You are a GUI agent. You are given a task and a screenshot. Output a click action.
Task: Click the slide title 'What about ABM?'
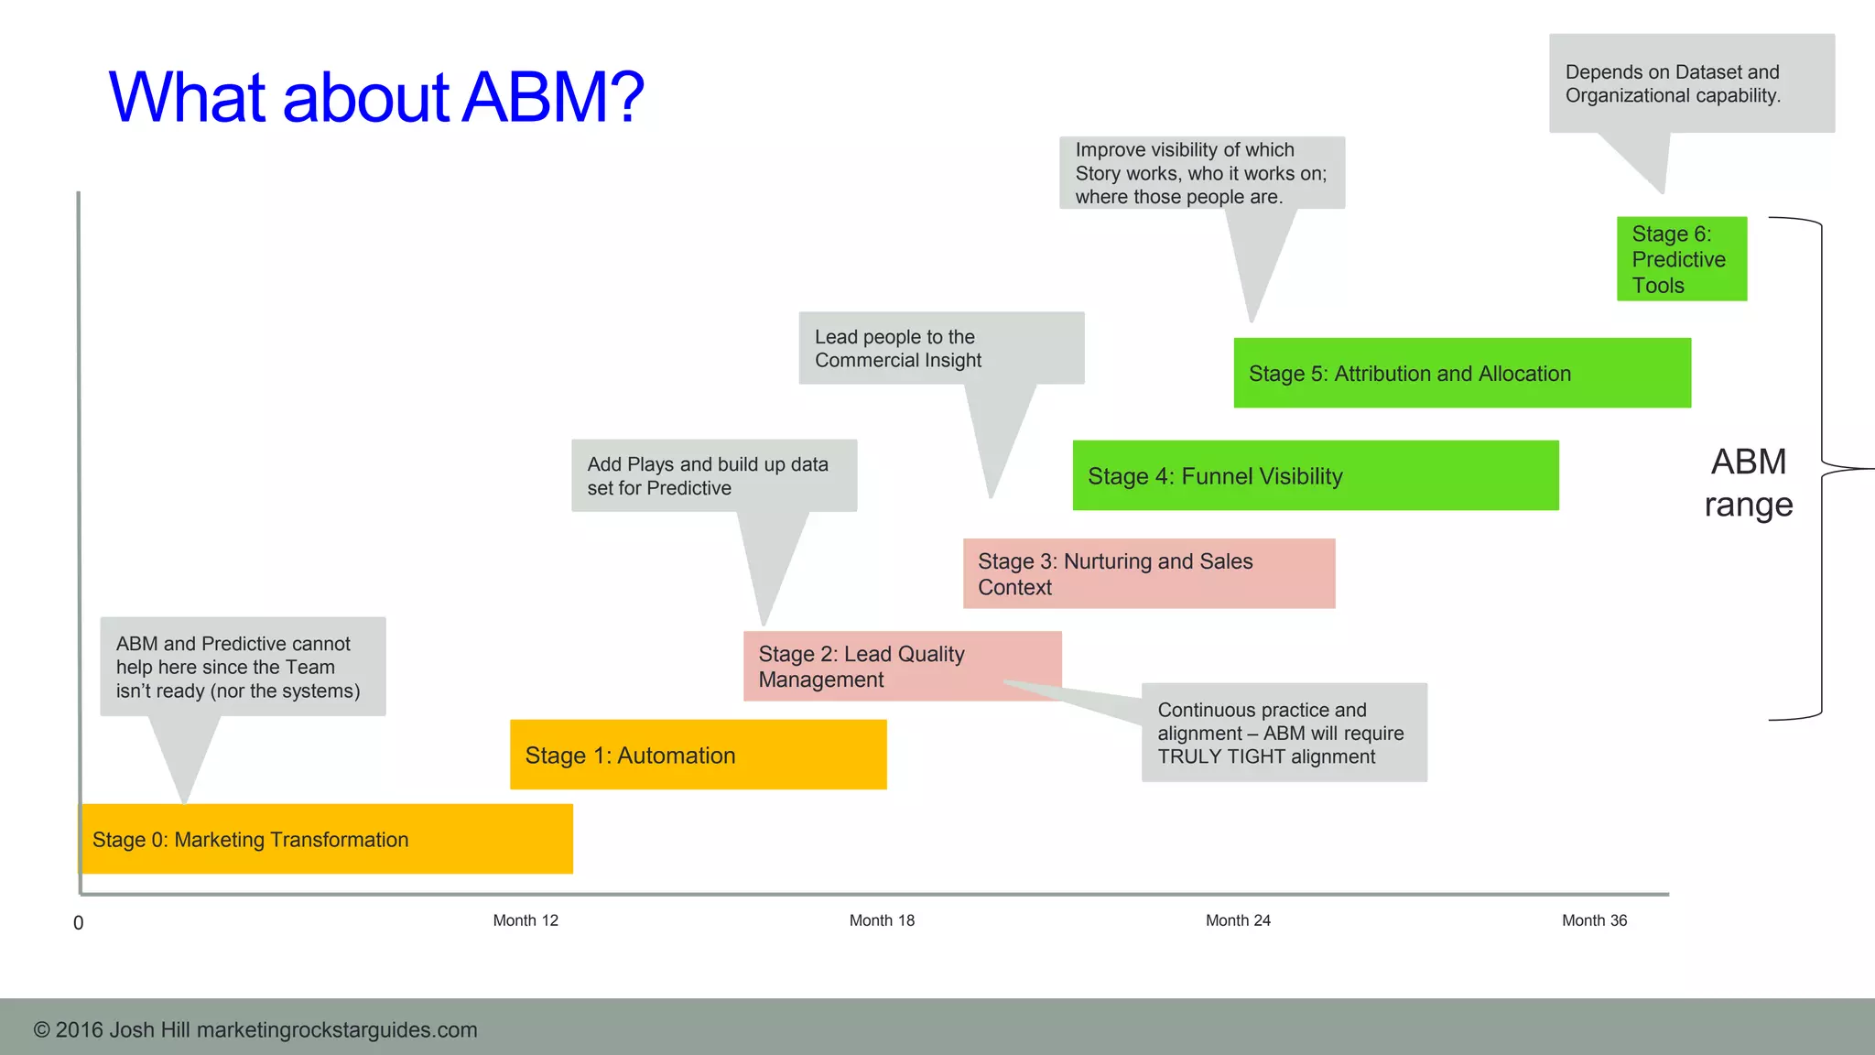point(375,97)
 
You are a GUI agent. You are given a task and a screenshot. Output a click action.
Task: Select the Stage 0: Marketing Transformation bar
point(327,839)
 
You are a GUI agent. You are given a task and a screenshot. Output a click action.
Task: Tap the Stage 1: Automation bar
point(698,755)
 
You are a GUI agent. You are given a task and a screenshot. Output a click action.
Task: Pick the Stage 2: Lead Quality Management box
point(902,666)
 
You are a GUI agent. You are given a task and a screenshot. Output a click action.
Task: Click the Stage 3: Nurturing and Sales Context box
point(1148,573)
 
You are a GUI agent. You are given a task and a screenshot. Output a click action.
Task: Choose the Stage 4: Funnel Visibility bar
point(1315,475)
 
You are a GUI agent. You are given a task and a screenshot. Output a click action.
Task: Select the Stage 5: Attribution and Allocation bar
point(1461,373)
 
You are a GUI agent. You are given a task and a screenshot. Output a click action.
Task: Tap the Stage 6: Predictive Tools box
point(1681,259)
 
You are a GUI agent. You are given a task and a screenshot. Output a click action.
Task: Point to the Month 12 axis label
point(526,920)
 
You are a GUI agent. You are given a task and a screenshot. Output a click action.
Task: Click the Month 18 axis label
point(882,920)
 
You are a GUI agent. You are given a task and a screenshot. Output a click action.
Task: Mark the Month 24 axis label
point(1238,920)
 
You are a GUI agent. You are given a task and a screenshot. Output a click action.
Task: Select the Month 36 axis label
point(1594,920)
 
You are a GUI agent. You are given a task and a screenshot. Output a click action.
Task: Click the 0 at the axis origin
point(79,923)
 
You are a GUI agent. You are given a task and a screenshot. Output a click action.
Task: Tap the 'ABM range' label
point(1748,483)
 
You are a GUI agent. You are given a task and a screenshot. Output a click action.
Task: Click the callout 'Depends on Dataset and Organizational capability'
point(1690,83)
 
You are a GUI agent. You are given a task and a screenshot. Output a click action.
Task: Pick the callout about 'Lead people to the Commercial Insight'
point(940,348)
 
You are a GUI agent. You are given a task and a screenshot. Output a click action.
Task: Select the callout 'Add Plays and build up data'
point(713,475)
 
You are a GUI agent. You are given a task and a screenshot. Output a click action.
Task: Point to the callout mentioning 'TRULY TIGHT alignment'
point(1284,733)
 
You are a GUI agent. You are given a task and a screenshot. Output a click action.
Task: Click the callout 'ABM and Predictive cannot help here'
point(243,667)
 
